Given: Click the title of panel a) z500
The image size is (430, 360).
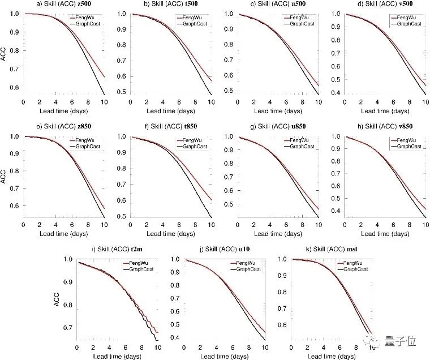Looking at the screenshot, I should click(x=60, y=5).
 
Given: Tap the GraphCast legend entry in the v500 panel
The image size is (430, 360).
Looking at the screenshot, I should click(x=407, y=23).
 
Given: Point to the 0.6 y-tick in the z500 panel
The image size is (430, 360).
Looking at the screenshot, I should click(x=15, y=87).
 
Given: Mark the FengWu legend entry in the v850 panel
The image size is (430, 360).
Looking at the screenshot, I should click(x=407, y=140).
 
